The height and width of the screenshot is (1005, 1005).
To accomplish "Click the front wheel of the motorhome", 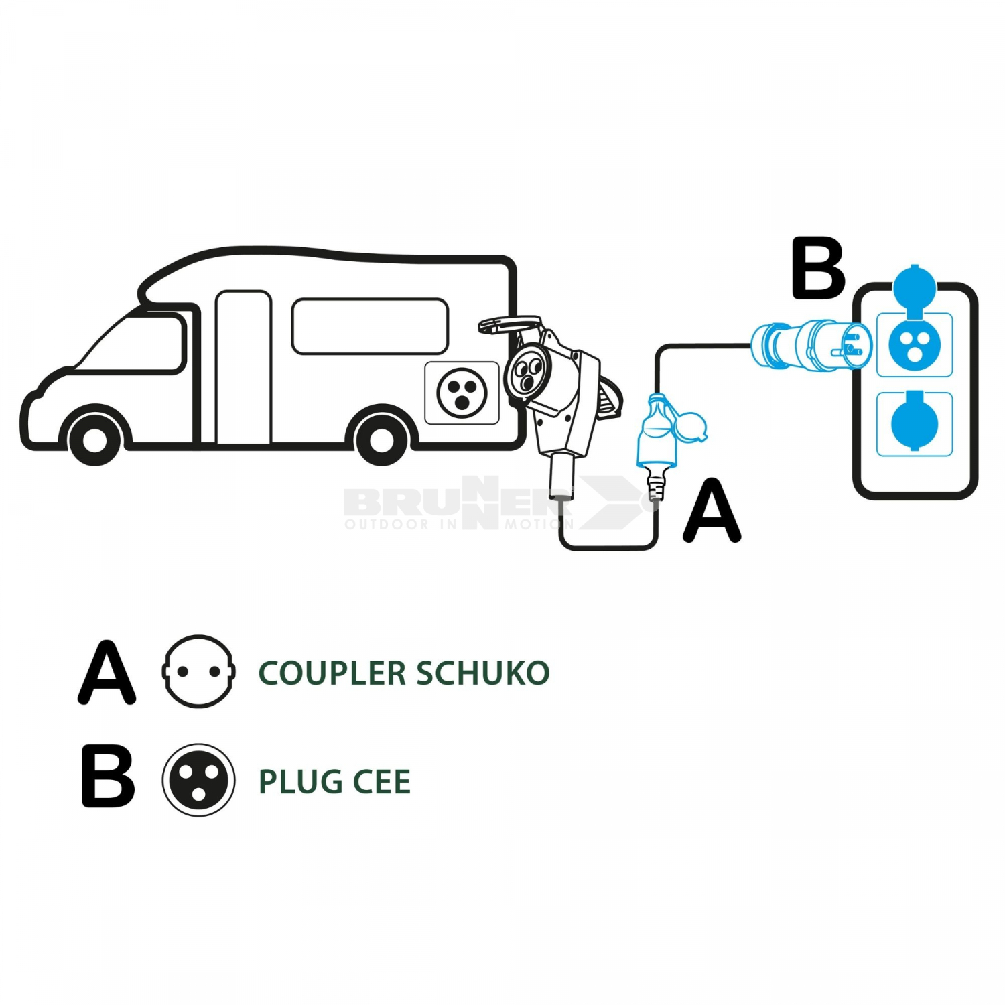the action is (94, 440).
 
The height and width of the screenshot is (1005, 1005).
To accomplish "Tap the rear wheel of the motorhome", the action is (381, 440).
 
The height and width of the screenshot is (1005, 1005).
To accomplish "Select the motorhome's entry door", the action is (243, 367).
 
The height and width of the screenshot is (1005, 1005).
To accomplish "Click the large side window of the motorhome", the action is (370, 326).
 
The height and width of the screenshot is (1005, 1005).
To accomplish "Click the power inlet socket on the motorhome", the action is (462, 393).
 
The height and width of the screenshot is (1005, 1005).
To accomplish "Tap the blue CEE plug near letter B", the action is (811, 344).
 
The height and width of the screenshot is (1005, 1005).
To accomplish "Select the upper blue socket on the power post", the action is (915, 344).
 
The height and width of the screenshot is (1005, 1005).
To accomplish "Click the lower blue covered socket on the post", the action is (915, 424).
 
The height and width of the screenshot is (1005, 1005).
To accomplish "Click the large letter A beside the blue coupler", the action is (712, 511).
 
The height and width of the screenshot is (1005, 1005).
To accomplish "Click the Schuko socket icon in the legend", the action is (198, 671).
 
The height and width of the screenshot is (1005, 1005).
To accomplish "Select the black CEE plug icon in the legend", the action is (198, 780).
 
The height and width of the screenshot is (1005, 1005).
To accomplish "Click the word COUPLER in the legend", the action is (332, 673).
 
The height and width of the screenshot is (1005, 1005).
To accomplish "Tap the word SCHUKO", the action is (482, 673).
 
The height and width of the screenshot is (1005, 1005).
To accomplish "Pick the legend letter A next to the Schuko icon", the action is (107, 672).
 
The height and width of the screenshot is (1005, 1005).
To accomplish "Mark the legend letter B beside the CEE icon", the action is (107, 777).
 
